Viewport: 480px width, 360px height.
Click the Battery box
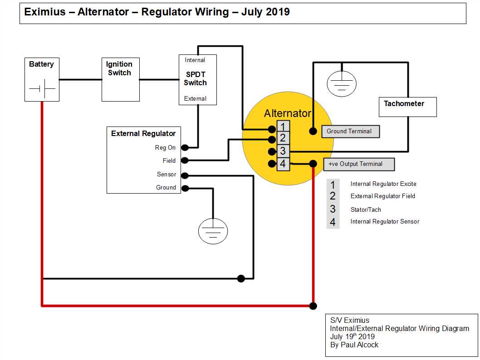coord(41,79)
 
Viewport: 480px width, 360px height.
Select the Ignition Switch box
coord(120,79)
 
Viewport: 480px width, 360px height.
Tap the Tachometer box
coord(407,107)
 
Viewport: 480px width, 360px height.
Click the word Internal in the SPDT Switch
coord(195,60)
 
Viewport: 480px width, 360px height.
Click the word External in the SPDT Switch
coord(195,98)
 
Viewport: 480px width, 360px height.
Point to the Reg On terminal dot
coord(185,147)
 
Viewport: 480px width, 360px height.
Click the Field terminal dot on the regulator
coord(185,160)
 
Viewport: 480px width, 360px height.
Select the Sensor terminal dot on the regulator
coord(185,175)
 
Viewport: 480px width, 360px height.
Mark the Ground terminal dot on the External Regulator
coord(185,188)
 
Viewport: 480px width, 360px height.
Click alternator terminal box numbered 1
coord(283,126)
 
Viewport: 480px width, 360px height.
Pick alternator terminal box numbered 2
coord(283,139)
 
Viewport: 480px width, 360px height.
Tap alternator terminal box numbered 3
coord(283,151)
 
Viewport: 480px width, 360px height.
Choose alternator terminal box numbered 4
coord(283,164)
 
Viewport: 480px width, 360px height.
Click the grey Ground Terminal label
coord(350,131)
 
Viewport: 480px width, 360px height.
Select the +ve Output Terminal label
coord(358,164)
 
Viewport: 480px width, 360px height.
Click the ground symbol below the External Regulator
coord(213,231)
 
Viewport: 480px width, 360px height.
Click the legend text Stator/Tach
coord(366,209)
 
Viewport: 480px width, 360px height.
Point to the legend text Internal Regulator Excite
coord(383,184)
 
